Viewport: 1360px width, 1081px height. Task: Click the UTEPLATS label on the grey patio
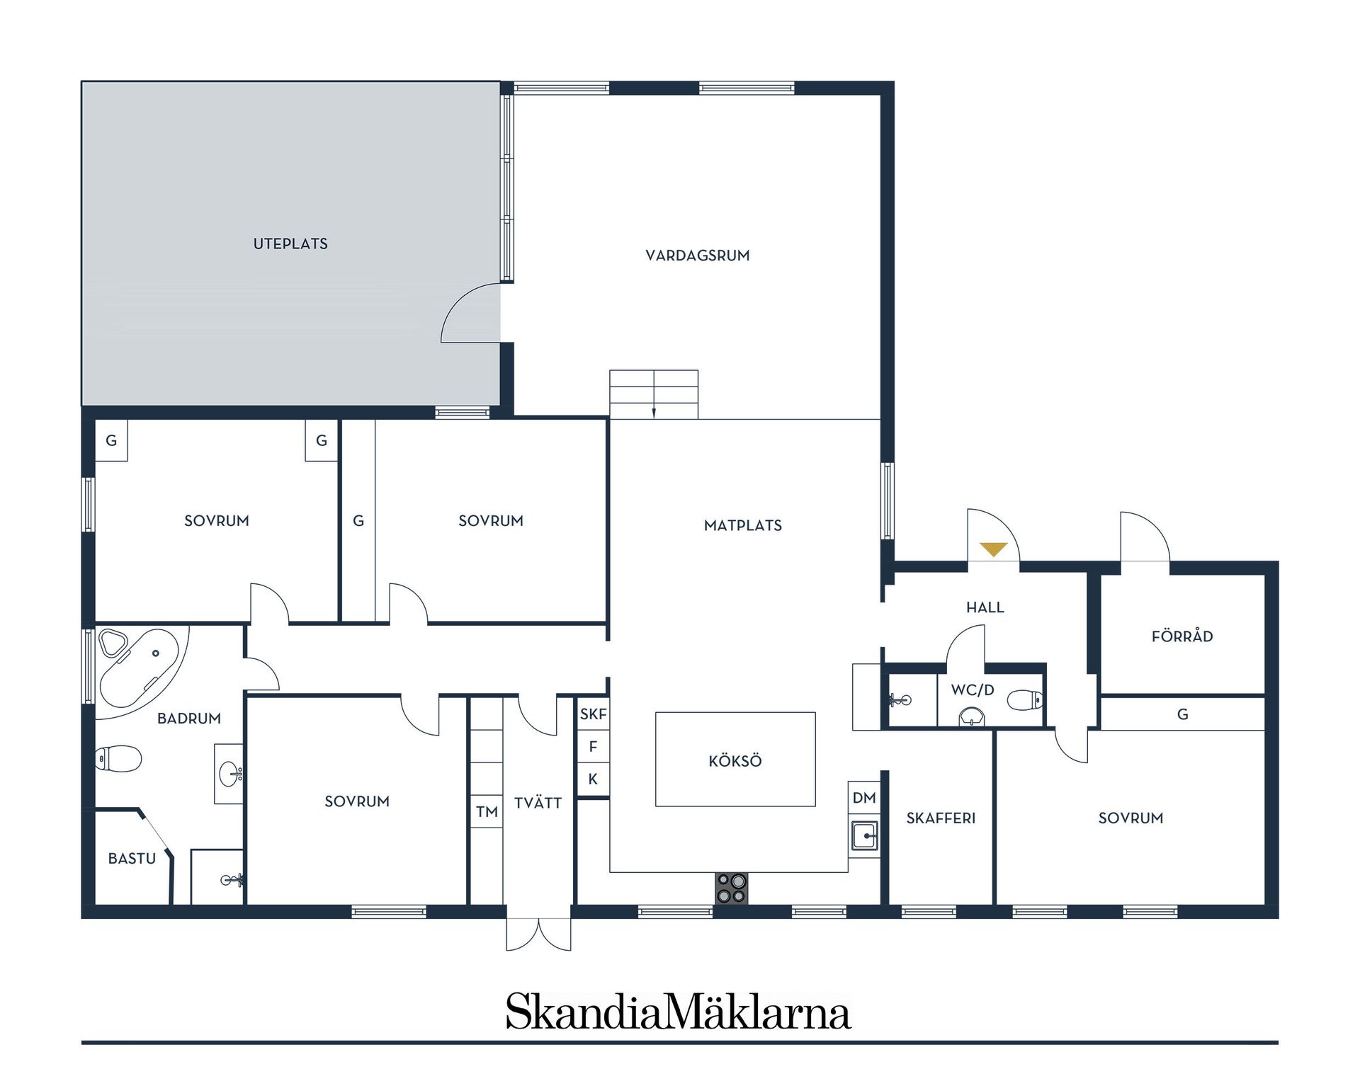pos(290,244)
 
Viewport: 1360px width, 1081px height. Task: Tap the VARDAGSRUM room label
pos(697,256)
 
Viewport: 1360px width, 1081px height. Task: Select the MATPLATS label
pos(742,525)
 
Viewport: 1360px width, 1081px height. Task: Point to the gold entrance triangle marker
pos(993,549)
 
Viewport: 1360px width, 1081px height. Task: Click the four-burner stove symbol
pos(731,888)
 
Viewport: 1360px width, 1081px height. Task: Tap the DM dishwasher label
pos(864,798)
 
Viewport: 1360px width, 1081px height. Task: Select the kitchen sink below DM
pos(864,836)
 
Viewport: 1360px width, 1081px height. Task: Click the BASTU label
pos(132,859)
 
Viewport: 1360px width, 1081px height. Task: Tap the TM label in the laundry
pos(487,812)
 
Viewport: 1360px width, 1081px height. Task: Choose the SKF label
pos(593,714)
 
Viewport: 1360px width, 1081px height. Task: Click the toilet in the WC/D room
pos(1026,700)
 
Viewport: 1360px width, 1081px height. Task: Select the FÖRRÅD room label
pos(1181,636)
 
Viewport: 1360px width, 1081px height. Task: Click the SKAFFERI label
pos(941,818)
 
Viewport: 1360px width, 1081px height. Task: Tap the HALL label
pos(985,607)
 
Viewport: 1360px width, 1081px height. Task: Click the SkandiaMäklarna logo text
pos(678,1012)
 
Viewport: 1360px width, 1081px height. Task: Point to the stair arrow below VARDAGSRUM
pos(654,412)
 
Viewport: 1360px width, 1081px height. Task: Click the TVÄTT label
pos(538,803)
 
